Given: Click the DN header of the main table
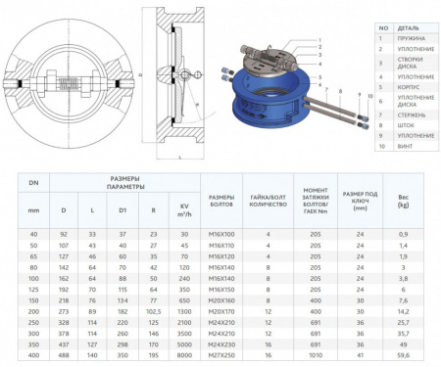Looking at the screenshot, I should (33, 183).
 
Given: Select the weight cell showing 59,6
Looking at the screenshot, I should (402, 356).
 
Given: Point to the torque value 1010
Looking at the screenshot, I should (317, 356).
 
